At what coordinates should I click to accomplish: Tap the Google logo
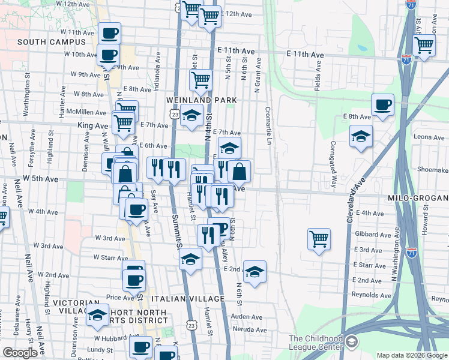pyautogui.click(x=20, y=353)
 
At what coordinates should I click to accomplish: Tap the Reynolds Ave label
pyautogui.click(x=372, y=295)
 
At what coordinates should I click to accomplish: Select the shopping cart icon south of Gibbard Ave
pyautogui.click(x=319, y=239)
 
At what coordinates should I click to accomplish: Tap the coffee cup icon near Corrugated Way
pyautogui.click(x=382, y=105)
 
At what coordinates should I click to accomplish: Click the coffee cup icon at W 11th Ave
pyautogui.click(x=109, y=34)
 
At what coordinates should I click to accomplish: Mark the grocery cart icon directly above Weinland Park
pyautogui.click(x=200, y=79)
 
